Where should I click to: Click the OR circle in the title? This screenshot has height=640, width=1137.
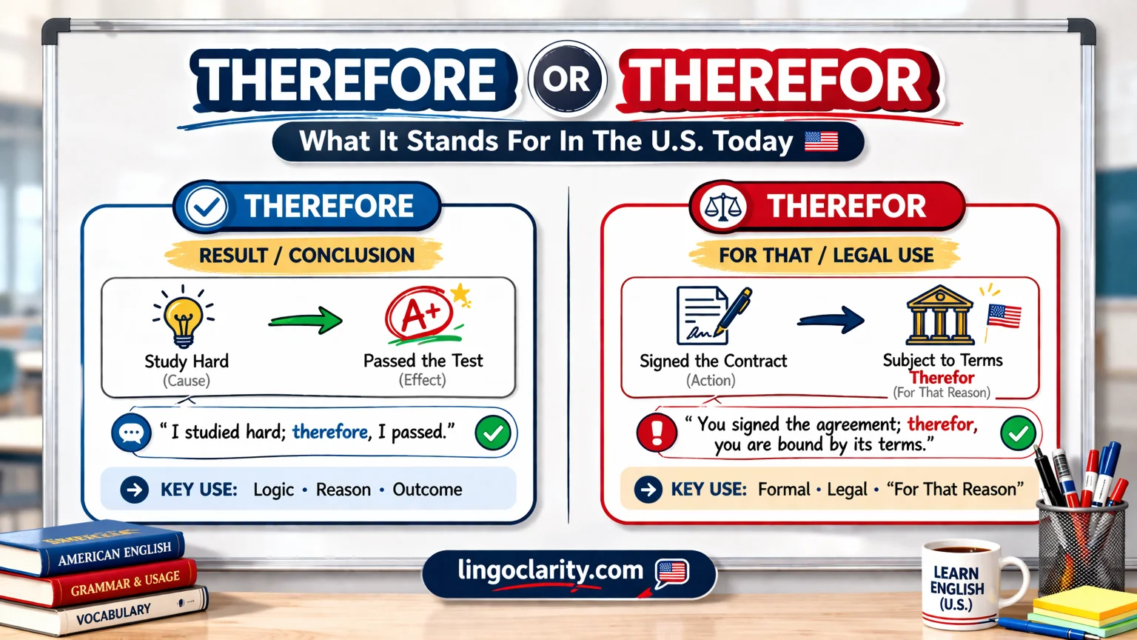point(567,79)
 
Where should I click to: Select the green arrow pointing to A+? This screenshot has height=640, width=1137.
point(305,321)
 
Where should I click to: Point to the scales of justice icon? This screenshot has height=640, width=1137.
point(722,207)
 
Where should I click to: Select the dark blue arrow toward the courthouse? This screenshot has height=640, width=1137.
point(831,320)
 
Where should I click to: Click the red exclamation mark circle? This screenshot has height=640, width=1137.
point(657,433)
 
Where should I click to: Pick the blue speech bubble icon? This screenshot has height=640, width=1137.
point(131,433)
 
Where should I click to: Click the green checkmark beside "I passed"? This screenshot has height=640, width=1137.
point(493,433)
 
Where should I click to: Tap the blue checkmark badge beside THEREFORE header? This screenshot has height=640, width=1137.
point(206,207)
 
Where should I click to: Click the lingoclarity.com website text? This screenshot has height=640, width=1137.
point(550,570)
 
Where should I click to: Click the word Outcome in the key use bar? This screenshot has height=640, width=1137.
point(427,490)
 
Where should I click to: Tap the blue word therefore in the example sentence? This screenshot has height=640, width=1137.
point(330,432)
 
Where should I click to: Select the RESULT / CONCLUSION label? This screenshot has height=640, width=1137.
point(306,256)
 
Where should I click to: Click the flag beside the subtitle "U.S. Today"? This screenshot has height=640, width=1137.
point(821,141)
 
